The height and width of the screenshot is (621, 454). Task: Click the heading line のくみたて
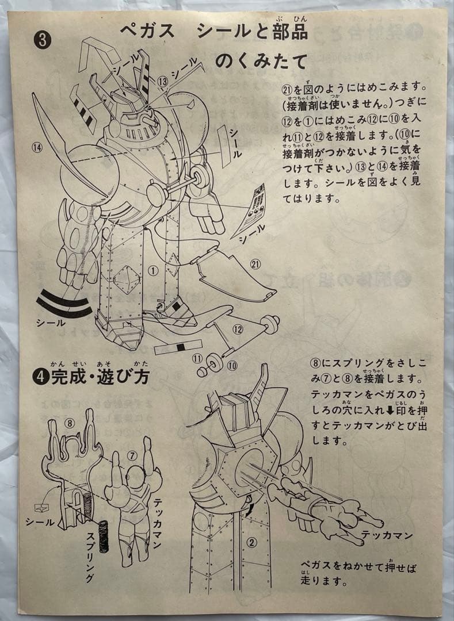[x=261, y=61]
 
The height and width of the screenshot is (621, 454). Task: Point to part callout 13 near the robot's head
[x=162, y=82]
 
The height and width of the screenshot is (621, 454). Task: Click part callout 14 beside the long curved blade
[x=37, y=148]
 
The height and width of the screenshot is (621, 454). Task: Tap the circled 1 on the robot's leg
[x=152, y=269]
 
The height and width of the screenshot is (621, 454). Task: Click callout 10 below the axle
[x=231, y=365]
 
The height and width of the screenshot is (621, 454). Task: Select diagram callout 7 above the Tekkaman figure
[x=131, y=455]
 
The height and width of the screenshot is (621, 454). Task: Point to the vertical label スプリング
[x=90, y=556]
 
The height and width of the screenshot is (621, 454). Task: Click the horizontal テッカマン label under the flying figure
[x=390, y=535]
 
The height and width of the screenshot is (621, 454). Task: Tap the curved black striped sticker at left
[x=64, y=304]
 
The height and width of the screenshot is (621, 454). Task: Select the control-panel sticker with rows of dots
[x=252, y=210]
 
